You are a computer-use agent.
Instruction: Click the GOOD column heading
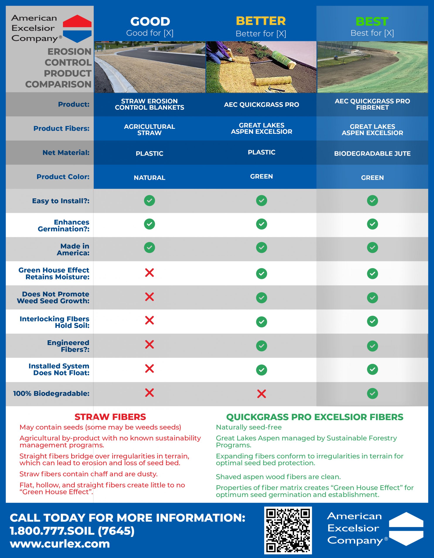point(150,21)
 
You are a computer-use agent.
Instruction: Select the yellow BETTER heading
point(260,21)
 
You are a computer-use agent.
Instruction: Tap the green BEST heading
point(372,21)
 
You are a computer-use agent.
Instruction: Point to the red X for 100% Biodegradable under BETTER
point(261,394)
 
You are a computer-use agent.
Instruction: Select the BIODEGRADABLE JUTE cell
point(372,153)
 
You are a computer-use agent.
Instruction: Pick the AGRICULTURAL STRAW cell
point(150,129)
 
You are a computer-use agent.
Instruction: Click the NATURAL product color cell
point(150,178)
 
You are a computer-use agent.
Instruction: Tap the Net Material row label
point(66,153)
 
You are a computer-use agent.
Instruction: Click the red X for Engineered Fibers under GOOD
point(150,344)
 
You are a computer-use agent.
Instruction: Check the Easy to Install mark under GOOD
point(150,201)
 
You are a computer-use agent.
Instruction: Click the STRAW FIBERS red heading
point(110,417)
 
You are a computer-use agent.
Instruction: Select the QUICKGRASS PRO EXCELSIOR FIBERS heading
point(315,417)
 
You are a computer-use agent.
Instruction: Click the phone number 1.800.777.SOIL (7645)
point(72,531)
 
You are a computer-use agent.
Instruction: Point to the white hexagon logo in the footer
point(406,529)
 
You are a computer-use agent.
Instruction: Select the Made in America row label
point(73,249)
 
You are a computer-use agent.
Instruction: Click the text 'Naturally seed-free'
point(248,427)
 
